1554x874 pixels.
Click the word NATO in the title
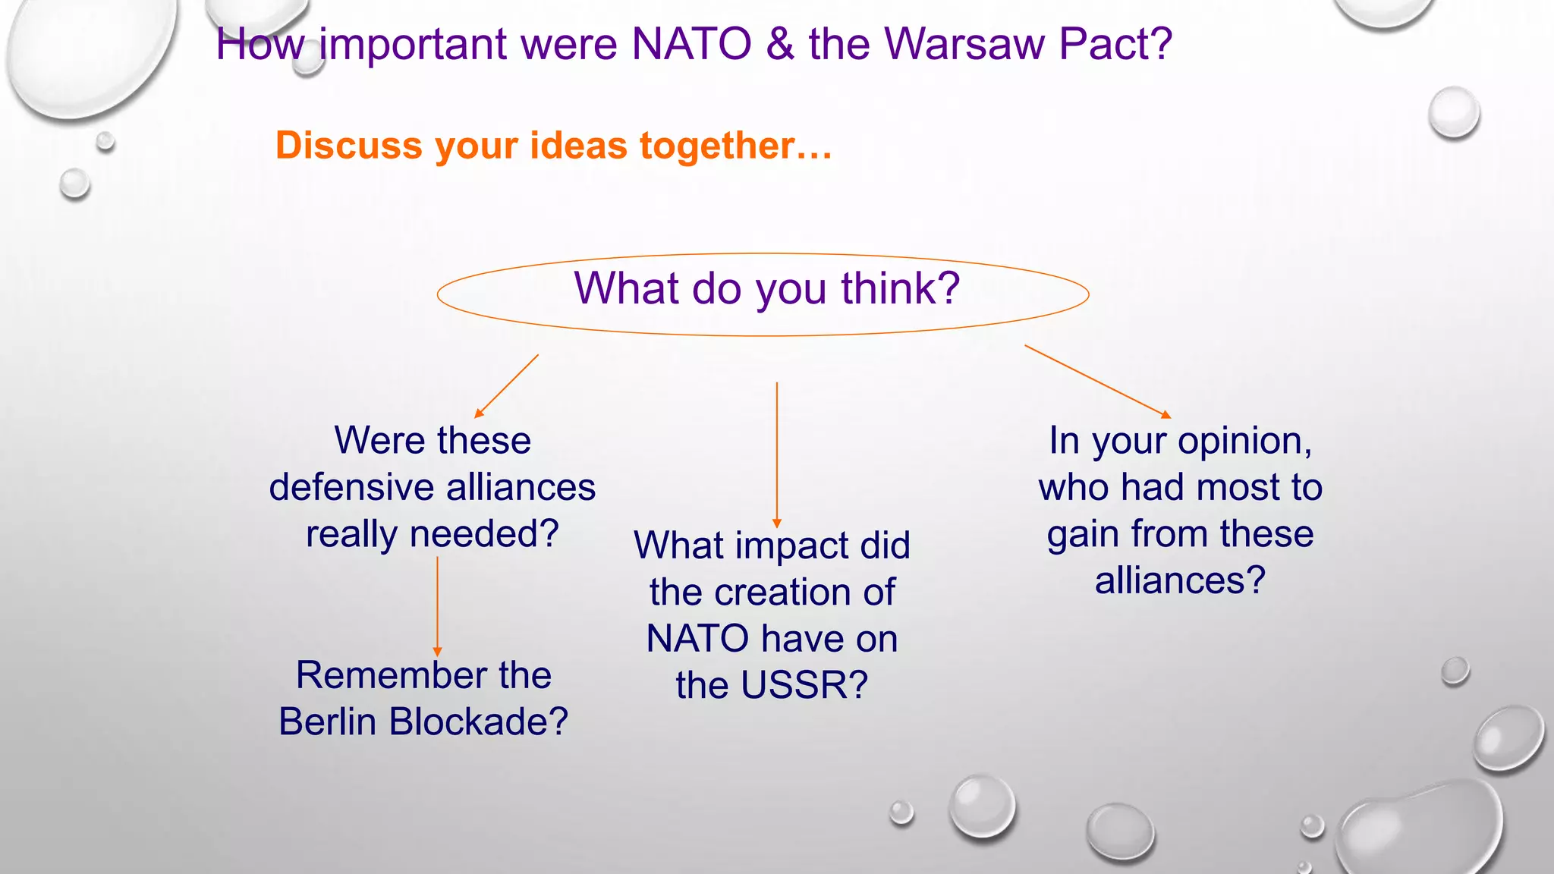click(x=690, y=44)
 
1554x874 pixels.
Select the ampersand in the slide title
click(x=779, y=44)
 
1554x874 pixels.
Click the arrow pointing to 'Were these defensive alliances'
click(x=507, y=385)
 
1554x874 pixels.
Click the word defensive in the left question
click(x=350, y=488)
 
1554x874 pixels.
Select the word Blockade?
click(x=478, y=722)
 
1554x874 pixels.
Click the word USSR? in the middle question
click(x=804, y=686)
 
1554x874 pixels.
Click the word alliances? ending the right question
click(x=1180, y=581)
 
